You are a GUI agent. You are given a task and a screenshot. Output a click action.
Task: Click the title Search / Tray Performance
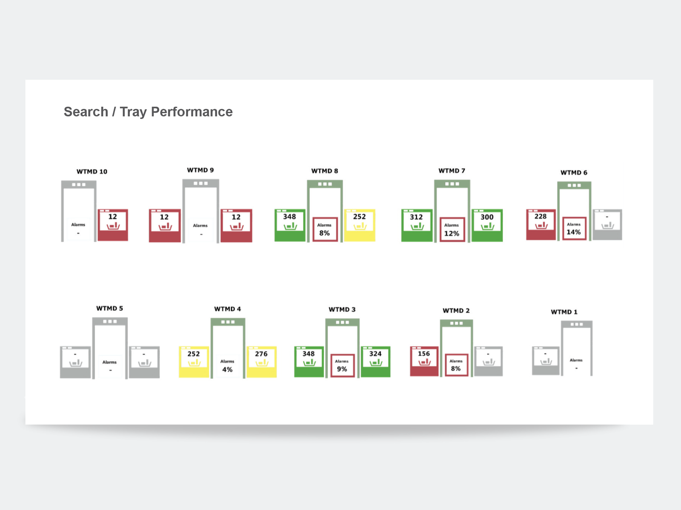click(x=148, y=112)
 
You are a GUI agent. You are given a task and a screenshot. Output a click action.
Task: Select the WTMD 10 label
click(x=92, y=172)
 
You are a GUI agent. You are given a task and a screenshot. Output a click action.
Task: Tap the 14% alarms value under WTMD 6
click(x=574, y=232)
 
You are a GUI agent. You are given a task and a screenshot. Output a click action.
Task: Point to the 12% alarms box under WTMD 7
click(x=452, y=229)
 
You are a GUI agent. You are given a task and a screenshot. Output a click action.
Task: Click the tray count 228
click(x=541, y=216)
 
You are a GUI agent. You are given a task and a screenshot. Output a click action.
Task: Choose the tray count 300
click(x=487, y=217)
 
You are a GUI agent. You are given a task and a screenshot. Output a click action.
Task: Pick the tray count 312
click(x=416, y=217)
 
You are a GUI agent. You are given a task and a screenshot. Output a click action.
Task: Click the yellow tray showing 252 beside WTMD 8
click(x=360, y=225)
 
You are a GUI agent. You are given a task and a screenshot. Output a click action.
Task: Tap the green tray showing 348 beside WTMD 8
click(x=290, y=225)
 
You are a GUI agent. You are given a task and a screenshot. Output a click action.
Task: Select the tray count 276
click(x=261, y=354)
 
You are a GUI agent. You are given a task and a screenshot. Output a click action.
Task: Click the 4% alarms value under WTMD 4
click(x=227, y=369)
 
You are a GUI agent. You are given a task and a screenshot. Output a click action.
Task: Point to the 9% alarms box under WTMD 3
click(x=342, y=365)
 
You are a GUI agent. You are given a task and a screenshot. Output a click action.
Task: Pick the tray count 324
click(x=375, y=354)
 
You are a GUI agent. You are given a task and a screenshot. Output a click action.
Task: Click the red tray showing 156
click(x=424, y=361)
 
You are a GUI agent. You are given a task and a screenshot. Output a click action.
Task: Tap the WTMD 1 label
click(x=564, y=312)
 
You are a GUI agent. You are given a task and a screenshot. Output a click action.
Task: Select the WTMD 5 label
click(x=109, y=309)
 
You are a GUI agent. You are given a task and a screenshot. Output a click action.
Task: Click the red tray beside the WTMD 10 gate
click(x=113, y=225)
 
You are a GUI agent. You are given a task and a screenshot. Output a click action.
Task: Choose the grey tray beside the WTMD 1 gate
click(x=546, y=361)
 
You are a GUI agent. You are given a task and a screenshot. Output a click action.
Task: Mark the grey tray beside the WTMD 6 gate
click(x=607, y=224)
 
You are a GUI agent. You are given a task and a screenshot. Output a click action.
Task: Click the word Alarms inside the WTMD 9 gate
click(x=200, y=225)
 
